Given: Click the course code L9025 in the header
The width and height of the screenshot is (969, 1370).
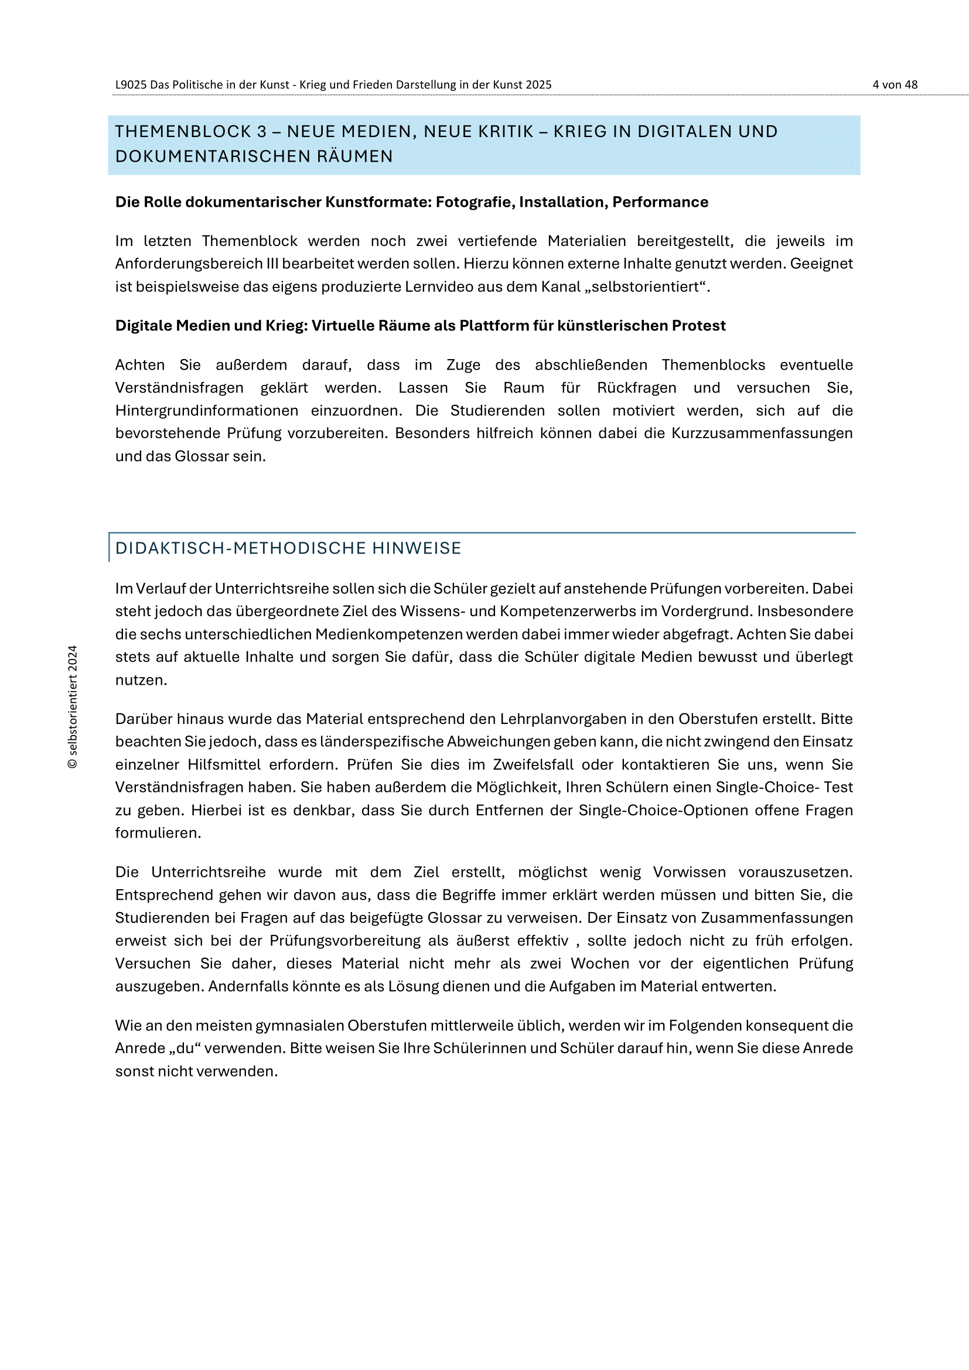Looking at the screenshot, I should (131, 85).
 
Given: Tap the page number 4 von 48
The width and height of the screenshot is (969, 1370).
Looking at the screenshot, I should (895, 85).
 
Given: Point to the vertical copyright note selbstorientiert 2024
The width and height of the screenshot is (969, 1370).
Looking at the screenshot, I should (73, 706).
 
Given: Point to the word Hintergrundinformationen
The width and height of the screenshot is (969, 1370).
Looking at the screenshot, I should (206, 411).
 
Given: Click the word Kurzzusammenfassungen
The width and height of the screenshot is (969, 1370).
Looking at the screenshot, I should (762, 433).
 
